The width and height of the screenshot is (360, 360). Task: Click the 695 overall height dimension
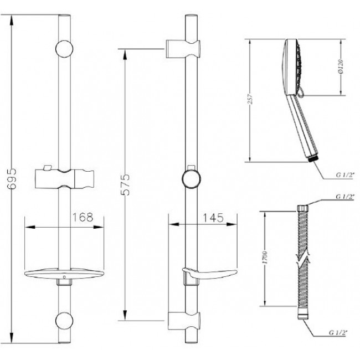coord(12,179)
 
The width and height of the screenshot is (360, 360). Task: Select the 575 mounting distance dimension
coord(125,184)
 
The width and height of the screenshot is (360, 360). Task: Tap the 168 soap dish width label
coord(83,217)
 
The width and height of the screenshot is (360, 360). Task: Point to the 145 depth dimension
coord(213,218)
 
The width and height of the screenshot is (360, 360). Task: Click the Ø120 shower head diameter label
coord(341,66)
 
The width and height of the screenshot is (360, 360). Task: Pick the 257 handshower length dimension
coord(250,99)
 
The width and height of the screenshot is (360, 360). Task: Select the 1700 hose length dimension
coord(265,258)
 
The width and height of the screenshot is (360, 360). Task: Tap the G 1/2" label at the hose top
coord(345,197)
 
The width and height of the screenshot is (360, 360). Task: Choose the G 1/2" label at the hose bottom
coord(338,332)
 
